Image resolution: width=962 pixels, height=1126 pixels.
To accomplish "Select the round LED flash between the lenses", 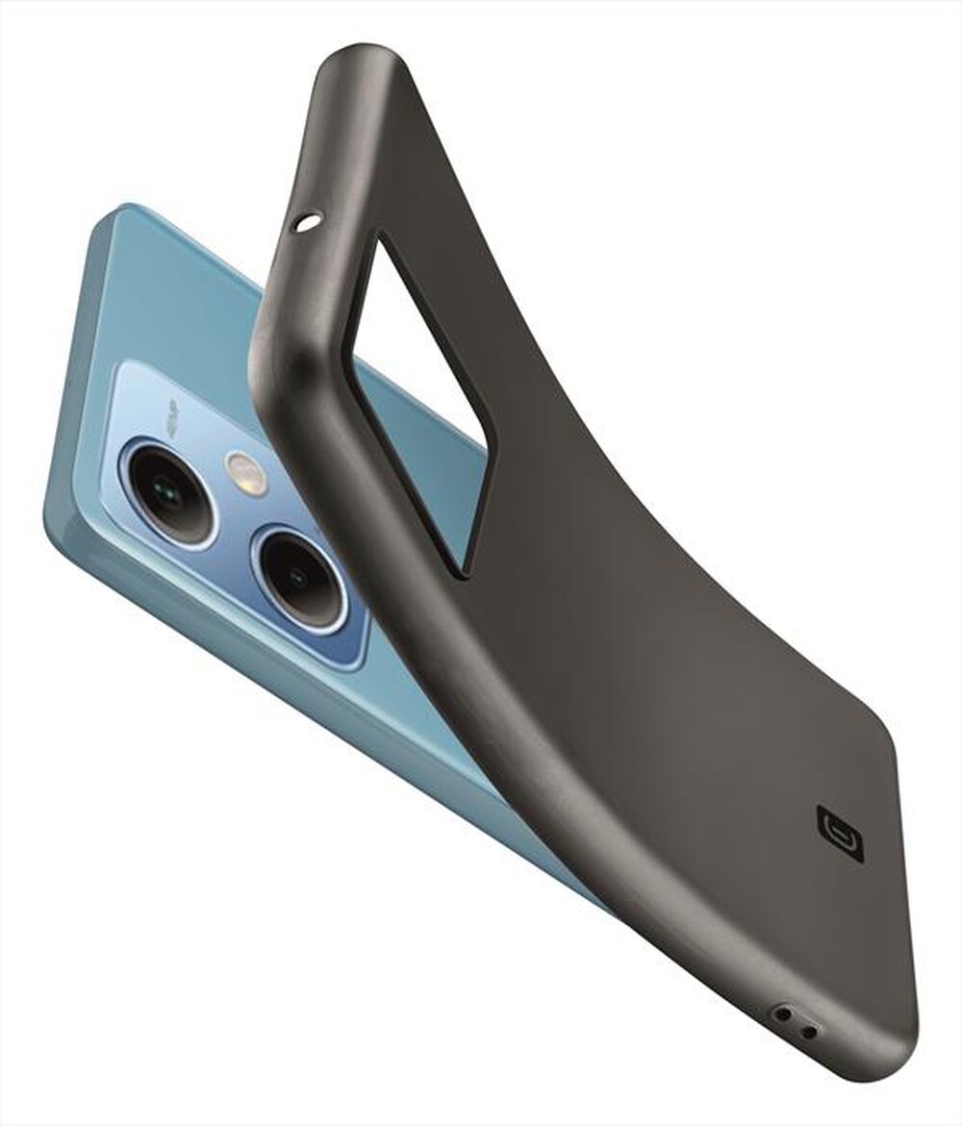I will point(246,472).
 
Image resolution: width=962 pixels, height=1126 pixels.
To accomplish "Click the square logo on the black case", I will point(839,833).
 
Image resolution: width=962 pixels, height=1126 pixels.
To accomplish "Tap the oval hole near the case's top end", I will point(308,223).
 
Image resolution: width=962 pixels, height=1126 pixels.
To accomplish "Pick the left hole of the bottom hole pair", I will point(785,1013).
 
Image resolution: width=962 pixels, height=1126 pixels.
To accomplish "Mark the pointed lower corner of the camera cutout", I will point(466,574).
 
